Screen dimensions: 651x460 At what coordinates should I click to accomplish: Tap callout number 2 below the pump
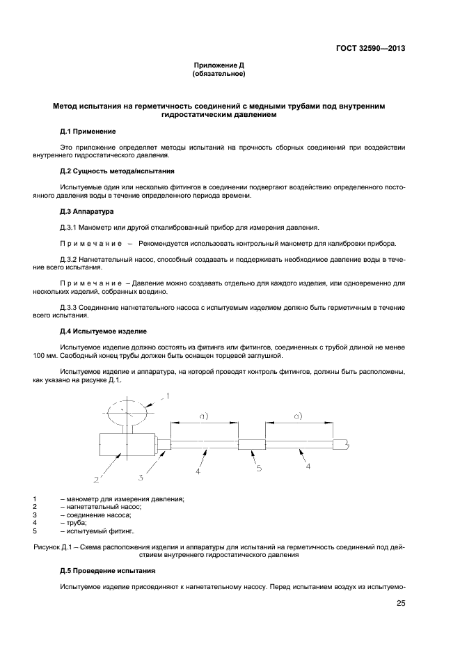coord(97,480)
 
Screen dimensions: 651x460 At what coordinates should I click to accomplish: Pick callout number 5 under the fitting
coord(259,469)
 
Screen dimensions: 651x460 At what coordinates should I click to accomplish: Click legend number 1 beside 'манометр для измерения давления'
coord(34,499)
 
